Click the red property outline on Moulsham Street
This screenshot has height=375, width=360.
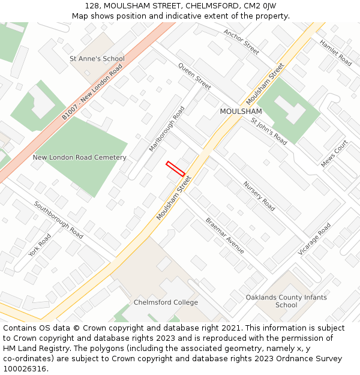point(175,169)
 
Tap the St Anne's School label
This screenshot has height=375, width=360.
point(97,59)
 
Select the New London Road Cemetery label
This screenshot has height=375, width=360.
point(79,158)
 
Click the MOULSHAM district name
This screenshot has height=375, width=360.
point(241,112)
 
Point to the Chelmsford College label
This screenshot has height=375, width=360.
point(166,302)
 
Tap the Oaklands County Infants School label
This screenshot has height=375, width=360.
point(286,301)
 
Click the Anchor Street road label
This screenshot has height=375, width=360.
point(241,42)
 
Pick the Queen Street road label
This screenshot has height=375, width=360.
point(194,76)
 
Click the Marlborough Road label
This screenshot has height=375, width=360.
point(167,128)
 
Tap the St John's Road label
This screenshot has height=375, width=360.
point(269,131)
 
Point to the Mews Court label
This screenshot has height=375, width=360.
point(334,154)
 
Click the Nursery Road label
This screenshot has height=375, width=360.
point(259,196)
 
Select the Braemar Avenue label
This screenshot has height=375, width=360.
point(225,235)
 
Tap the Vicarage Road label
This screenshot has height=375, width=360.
point(314,239)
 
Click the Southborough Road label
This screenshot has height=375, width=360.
point(58,220)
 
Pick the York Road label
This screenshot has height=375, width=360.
point(40,245)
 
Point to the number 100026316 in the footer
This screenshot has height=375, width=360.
point(25,369)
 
